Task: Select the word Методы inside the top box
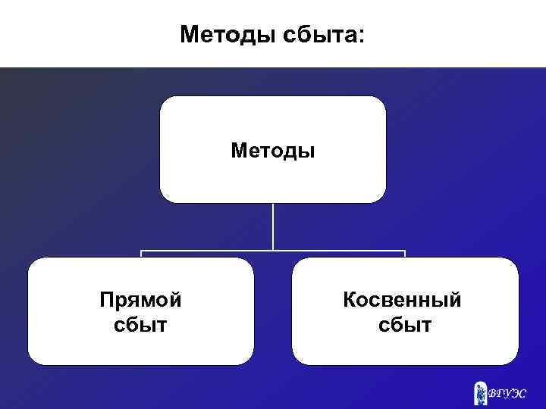tap(273, 151)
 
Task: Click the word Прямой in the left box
tap(140, 301)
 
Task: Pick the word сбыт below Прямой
tap(140, 326)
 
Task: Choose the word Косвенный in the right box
tap(402, 300)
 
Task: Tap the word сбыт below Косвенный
tap(405, 326)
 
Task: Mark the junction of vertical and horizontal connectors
tap(273, 250)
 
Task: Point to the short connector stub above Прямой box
tap(141, 254)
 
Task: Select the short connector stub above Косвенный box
tap(405, 254)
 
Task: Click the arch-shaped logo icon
tap(479, 392)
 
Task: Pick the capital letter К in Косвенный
tap(349, 300)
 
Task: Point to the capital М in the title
tap(190, 34)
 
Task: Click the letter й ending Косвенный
tap(454, 300)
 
